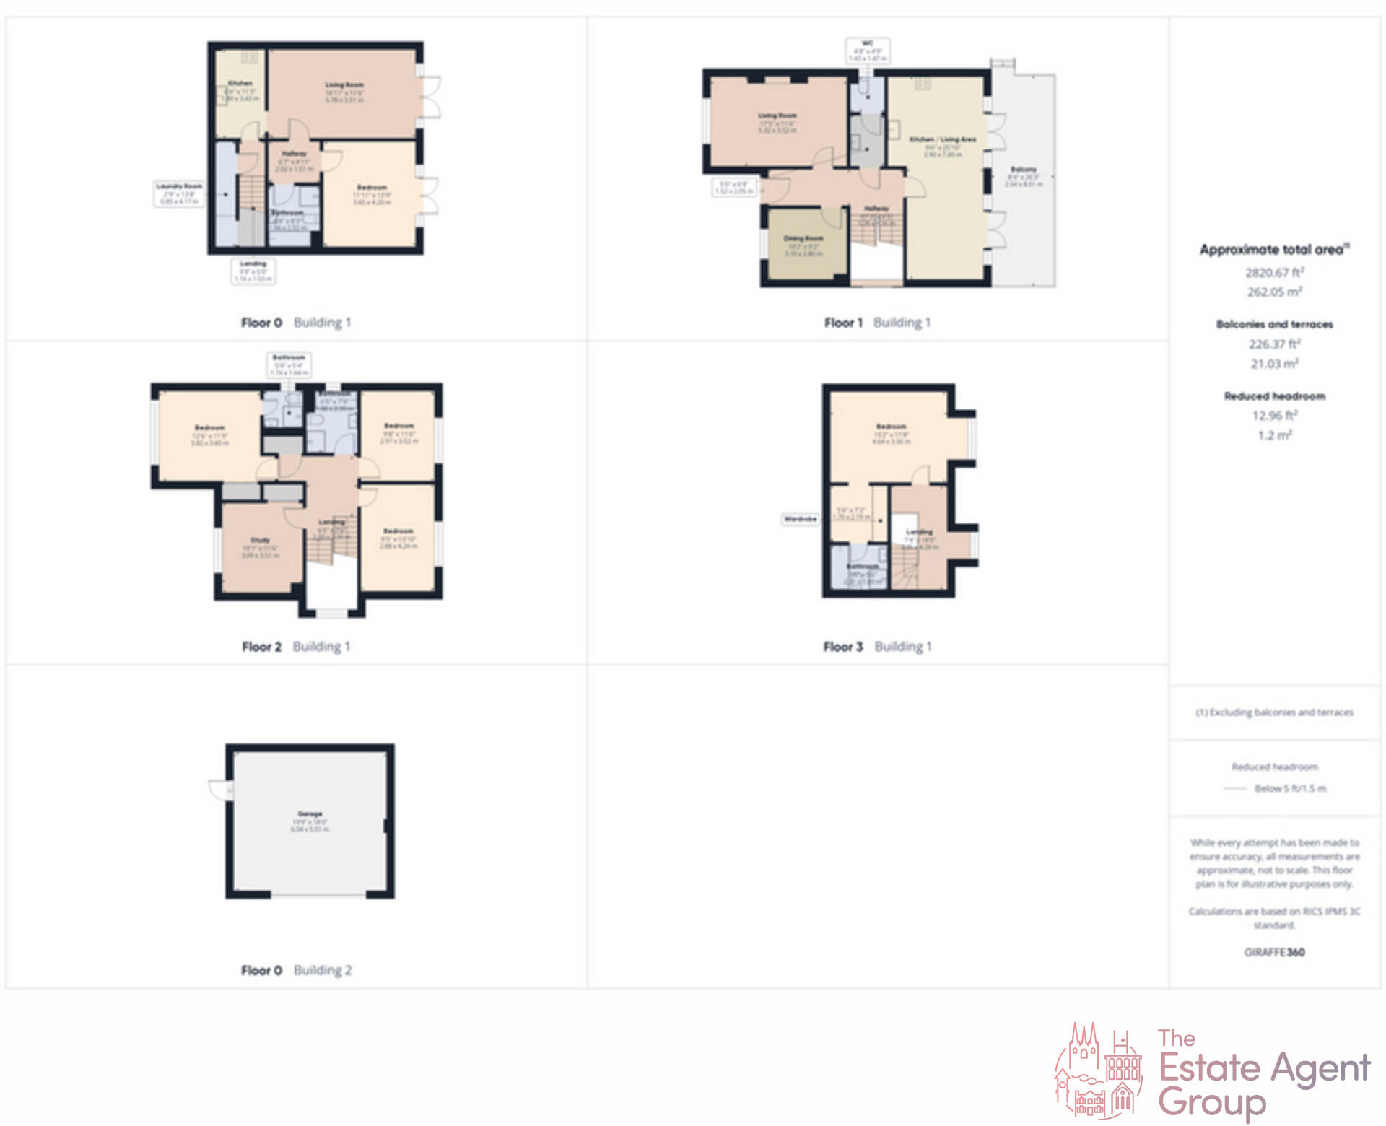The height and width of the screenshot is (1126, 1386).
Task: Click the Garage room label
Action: point(310,814)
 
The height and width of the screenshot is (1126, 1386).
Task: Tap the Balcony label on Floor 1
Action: point(1023,170)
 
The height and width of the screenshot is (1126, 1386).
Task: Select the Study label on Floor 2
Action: point(260,540)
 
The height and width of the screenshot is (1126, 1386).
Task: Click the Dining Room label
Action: point(803,238)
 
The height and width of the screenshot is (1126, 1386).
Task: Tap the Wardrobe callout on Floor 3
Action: point(801,519)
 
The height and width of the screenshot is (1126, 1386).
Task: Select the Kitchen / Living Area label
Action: point(942,139)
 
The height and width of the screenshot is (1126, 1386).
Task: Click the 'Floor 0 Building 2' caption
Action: point(296,970)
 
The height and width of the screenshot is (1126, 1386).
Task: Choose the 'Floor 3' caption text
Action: point(842,647)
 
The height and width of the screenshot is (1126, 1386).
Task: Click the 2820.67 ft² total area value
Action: point(1274,273)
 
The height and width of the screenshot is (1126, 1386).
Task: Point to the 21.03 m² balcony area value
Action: point(1274,364)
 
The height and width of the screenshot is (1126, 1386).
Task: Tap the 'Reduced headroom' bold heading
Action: point(1274,396)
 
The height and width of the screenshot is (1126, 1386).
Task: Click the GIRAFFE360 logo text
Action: point(1274,952)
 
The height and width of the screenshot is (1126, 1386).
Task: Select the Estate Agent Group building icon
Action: point(1098,1072)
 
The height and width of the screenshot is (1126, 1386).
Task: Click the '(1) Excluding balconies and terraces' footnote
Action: point(1274,712)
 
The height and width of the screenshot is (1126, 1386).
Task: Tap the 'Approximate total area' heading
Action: point(1273,250)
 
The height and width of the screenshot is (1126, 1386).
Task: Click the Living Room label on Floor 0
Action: point(344,85)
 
